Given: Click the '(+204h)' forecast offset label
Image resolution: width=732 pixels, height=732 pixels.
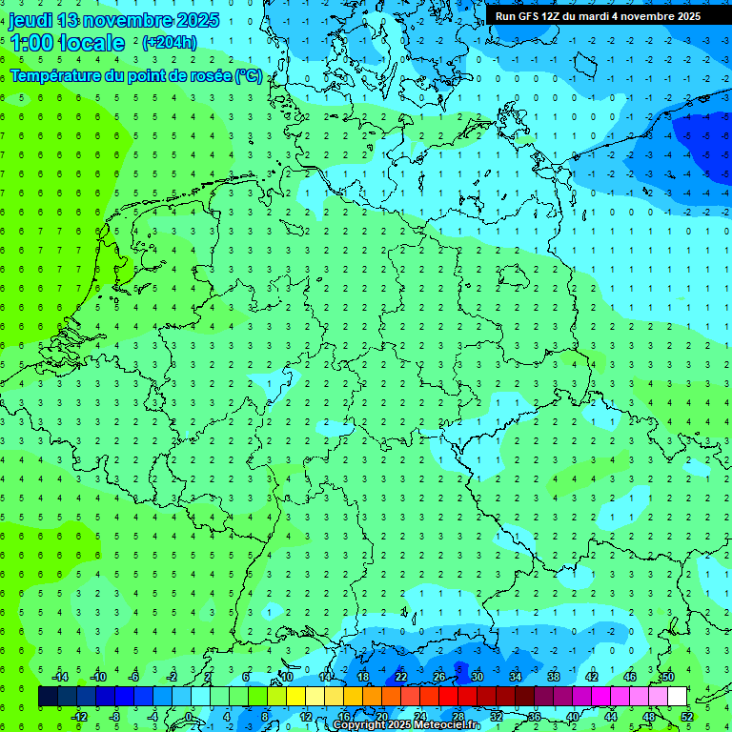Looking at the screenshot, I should click(170, 43).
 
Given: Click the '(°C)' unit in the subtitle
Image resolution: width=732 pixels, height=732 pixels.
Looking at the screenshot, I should click(250, 75).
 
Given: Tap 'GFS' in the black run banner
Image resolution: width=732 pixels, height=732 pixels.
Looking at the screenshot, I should click(529, 16).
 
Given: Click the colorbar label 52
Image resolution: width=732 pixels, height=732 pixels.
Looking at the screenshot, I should click(687, 717).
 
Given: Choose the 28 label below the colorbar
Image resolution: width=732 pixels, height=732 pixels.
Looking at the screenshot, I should click(458, 717).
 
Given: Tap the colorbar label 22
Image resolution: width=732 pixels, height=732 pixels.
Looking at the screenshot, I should click(401, 677).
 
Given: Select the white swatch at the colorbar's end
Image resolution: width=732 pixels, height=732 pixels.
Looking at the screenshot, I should click(677, 697).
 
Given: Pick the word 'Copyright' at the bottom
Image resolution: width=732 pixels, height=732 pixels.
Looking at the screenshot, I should click(359, 725).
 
